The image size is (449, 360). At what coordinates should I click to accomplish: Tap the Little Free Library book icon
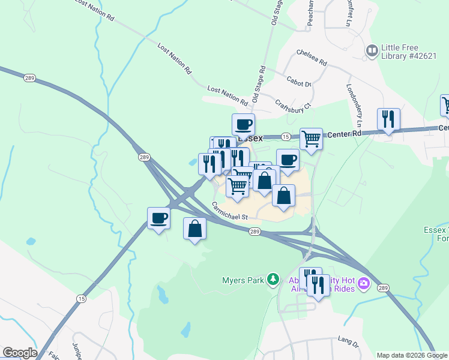[372, 50]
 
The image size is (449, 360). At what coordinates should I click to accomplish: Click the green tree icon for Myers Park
[273, 279]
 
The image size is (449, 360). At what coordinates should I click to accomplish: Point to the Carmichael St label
[229, 212]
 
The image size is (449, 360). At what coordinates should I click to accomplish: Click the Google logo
[19, 353]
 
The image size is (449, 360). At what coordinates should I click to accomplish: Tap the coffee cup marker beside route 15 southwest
[159, 218]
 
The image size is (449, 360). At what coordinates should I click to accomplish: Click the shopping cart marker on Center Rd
[311, 139]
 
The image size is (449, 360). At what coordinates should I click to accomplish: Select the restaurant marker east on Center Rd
[388, 119]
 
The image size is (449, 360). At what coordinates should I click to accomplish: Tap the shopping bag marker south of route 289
[194, 229]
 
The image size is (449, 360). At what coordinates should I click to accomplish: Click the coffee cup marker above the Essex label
[243, 125]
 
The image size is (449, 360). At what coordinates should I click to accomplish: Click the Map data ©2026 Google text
[412, 355]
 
